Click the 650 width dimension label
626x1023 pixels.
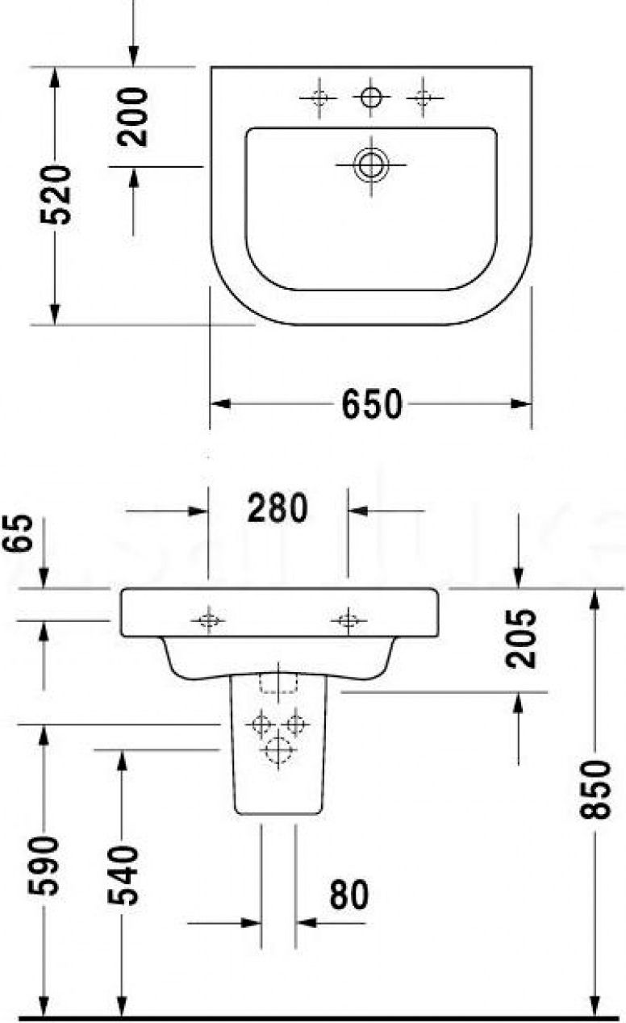[x=371, y=404]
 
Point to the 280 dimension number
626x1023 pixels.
[x=277, y=509]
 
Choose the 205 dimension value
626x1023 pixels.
[x=522, y=638]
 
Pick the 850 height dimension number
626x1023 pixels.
[x=598, y=789]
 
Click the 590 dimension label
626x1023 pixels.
[x=45, y=866]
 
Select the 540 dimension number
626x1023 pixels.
[x=123, y=875]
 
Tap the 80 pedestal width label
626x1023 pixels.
[x=348, y=896]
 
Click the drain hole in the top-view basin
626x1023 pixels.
[x=371, y=165]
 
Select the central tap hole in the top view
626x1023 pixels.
[x=371, y=98]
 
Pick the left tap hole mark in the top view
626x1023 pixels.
[x=319, y=98]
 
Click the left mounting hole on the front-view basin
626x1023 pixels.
[x=208, y=620]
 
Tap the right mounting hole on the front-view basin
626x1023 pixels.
[x=348, y=620]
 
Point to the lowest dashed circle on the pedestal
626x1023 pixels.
[x=278, y=750]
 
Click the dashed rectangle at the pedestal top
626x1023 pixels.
[x=278, y=683]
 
